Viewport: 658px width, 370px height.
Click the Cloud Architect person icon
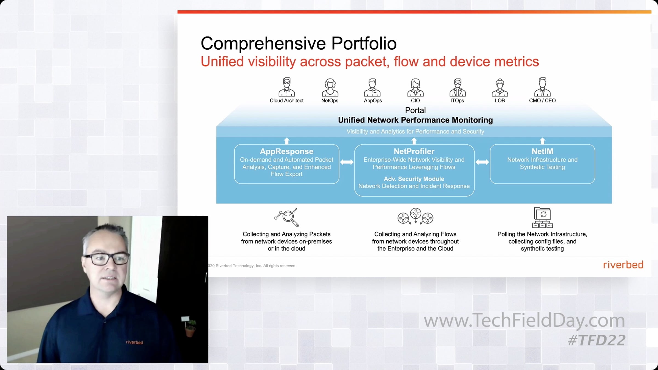coord(287,87)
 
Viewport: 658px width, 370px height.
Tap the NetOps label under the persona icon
coord(330,101)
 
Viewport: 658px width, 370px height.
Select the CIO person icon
coord(415,87)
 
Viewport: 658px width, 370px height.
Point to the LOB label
coord(500,101)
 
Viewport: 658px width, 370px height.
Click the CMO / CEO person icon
coord(542,87)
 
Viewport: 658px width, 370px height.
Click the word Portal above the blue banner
coord(415,110)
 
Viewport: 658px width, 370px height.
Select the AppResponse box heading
coord(287,151)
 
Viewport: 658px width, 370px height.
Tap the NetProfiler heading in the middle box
coord(414,151)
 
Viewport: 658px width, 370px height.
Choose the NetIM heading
coord(542,151)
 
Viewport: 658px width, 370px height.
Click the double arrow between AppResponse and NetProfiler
coord(347,162)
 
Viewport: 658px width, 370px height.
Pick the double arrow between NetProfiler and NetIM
coord(482,162)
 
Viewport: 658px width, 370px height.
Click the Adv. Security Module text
coord(414,179)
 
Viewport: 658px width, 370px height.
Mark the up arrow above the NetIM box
coord(542,141)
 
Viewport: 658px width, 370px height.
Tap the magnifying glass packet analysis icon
coord(287,217)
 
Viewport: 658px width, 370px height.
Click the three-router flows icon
coord(415,216)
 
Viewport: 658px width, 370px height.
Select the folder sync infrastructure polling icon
coord(542,218)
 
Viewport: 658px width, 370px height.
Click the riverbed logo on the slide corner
coord(623,265)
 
